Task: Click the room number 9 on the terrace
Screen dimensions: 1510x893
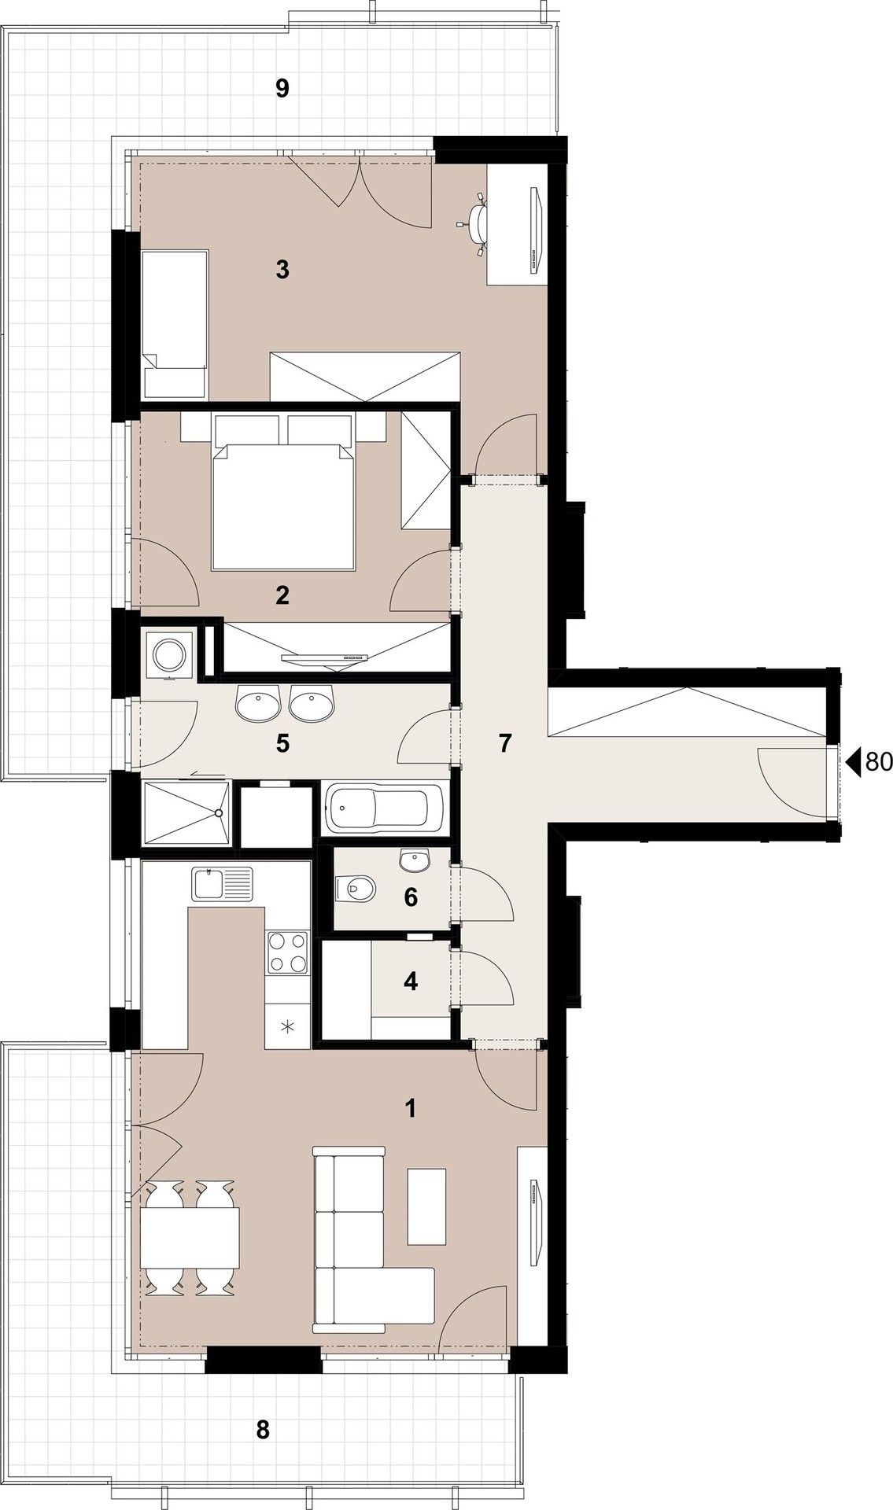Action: pyautogui.click(x=282, y=89)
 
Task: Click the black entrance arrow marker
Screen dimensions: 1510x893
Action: pyautogui.click(x=853, y=761)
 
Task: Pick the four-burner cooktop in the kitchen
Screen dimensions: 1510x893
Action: pyautogui.click(x=287, y=952)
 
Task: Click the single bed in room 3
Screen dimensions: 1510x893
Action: pyautogui.click(x=175, y=324)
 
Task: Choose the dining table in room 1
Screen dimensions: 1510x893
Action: pyautogui.click(x=190, y=1243)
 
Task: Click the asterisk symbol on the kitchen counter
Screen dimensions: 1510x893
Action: pyautogui.click(x=287, y=1026)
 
